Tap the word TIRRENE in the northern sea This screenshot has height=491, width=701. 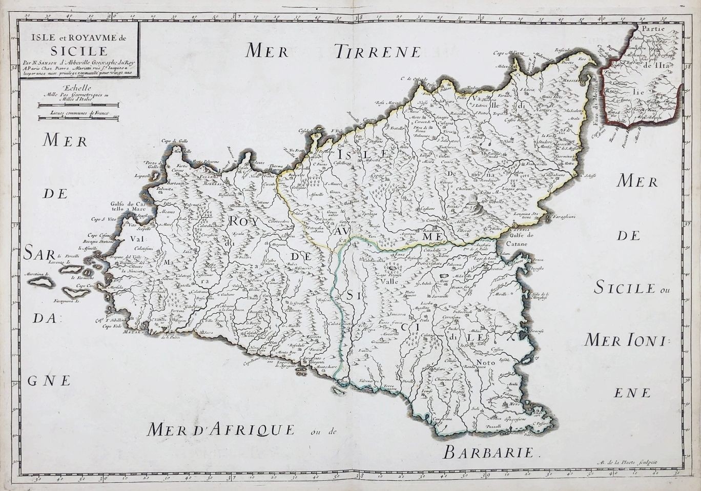pos(378,51)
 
